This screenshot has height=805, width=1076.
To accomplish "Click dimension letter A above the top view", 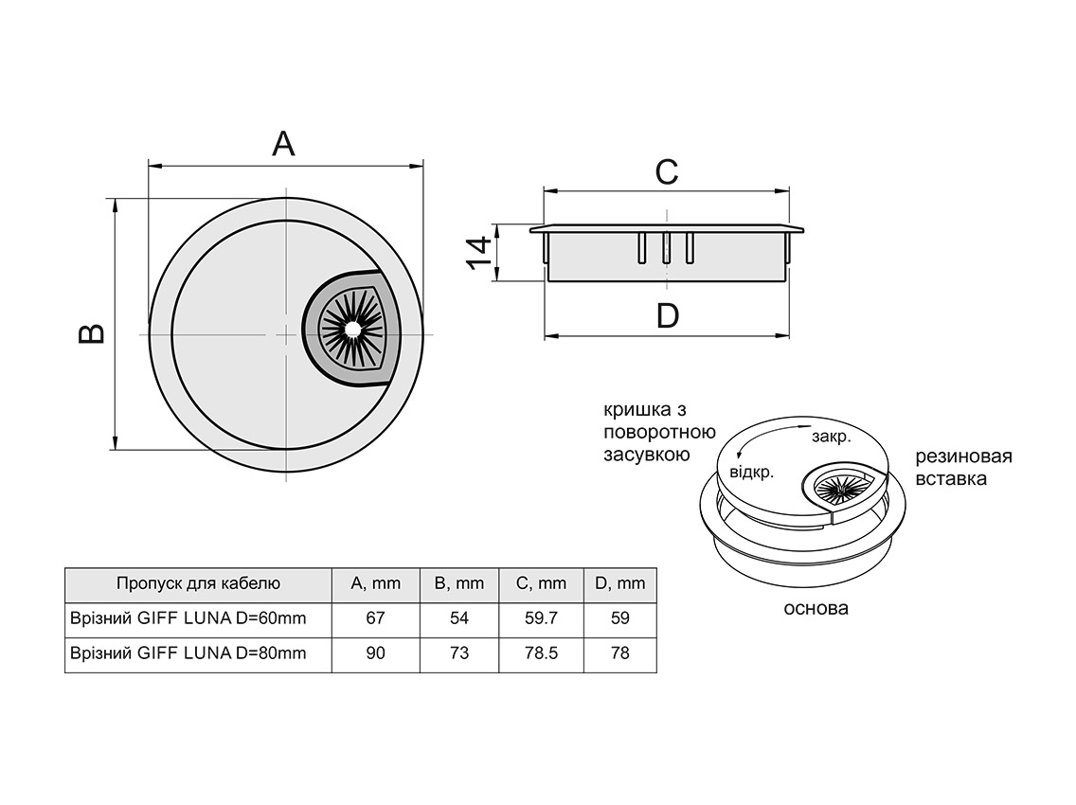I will [x=284, y=143].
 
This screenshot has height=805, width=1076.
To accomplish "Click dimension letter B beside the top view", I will [x=91, y=333].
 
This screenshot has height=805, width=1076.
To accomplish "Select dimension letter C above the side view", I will [x=667, y=171].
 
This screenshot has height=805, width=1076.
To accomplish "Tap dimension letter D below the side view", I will [x=668, y=315].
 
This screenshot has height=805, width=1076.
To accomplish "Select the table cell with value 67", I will [x=375, y=618].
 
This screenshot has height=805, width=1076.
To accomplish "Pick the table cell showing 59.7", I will [x=541, y=618].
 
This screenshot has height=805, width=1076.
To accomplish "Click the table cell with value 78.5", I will [x=541, y=653].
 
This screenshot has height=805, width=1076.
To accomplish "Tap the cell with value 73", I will [x=458, y=653].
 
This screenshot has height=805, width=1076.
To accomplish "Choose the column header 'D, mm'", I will [x=619, y=583].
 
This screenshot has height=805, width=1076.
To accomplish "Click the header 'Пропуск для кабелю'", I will [x=198, y=583].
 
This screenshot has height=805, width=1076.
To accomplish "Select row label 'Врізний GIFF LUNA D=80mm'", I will [x=188, y=653].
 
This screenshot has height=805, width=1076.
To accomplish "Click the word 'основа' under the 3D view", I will [x=816, y=608].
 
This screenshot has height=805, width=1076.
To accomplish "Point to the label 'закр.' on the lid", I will [x=831, y=438].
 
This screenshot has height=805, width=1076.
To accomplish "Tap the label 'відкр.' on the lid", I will [x=751, y=470].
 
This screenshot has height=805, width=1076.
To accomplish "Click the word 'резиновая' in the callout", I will [x=963, y=456].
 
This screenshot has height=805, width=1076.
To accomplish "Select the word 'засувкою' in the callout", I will [x=645, y=455].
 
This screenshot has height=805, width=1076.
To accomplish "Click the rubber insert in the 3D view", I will [x=838, y=488].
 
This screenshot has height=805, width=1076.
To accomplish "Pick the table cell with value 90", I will [x=375, y=653].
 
